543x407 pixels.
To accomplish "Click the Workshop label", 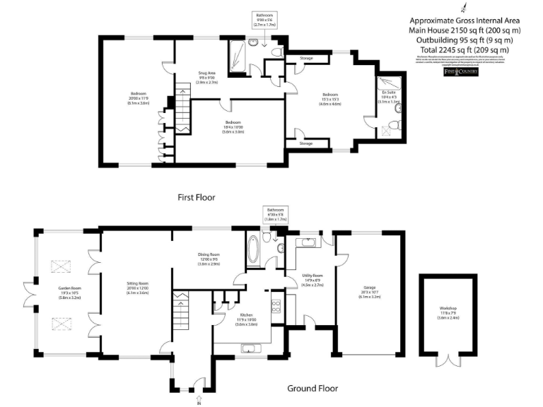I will [x=448, y=311].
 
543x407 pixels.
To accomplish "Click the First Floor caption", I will [x=197, y=198].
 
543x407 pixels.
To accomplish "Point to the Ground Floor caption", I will [x=312, y=388].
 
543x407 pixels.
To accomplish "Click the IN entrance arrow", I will [x=199, y=400].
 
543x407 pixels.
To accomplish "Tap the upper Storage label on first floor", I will [x=306, y=58].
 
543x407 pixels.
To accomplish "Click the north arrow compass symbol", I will [x=464, y=8].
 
